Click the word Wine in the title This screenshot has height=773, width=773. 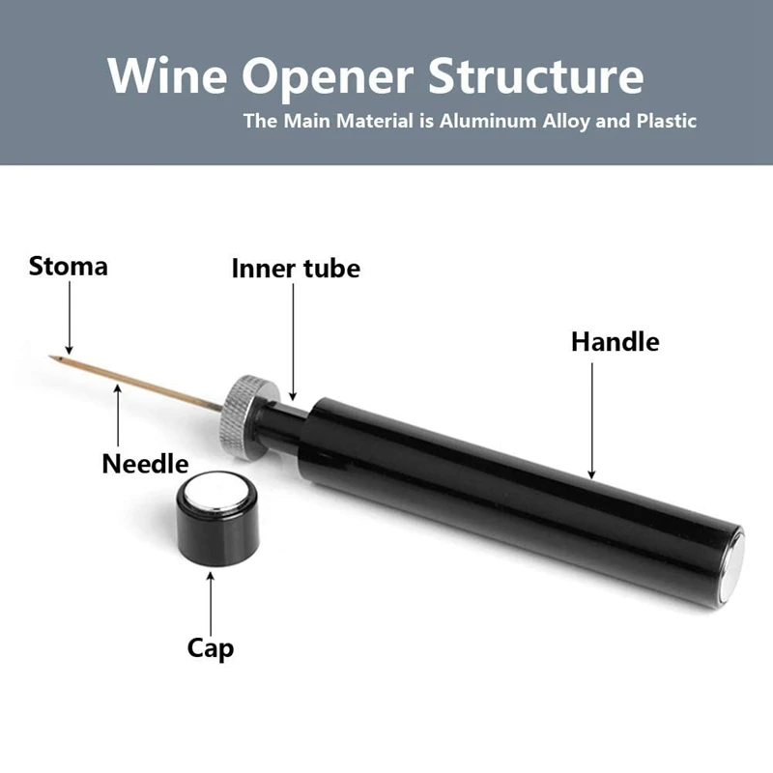(x=165, y=75)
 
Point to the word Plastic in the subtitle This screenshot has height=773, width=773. (x=661, y=122)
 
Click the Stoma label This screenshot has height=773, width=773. (x=69, y=266)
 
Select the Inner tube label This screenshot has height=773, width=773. (x=296, y=268)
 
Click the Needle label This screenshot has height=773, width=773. (x=145, y=464)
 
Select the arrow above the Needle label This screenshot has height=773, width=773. (x=118, y=415)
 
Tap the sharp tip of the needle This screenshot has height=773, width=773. (x=51, y=359)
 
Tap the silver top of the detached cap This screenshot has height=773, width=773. (x=216, y=493)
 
